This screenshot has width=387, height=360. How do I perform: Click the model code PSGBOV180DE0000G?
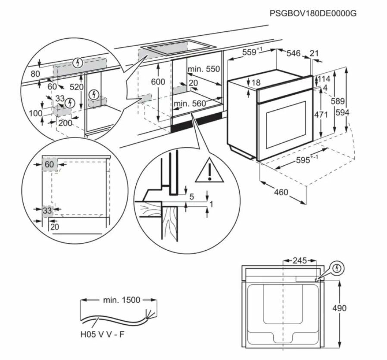[x=313, y=13]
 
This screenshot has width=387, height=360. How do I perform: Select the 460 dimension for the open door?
[x=281, y=192]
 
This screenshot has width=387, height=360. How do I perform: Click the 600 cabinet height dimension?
[x=159, y=82]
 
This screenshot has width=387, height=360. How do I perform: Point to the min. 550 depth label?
[x=203, y=69]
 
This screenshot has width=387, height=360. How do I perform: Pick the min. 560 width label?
[x=190, y=103]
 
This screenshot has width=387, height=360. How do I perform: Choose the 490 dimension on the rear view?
[x=339, y=308]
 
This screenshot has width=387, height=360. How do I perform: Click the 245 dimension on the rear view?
[x=300, y=261]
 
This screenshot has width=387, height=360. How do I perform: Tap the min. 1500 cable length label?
[x=122, y=300]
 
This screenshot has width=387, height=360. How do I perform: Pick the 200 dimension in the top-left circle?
[x=66, y=123]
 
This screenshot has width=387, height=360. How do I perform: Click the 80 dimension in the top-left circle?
[x=35, y=74]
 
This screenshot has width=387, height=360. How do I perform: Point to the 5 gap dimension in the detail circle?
[x=192, y=197]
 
